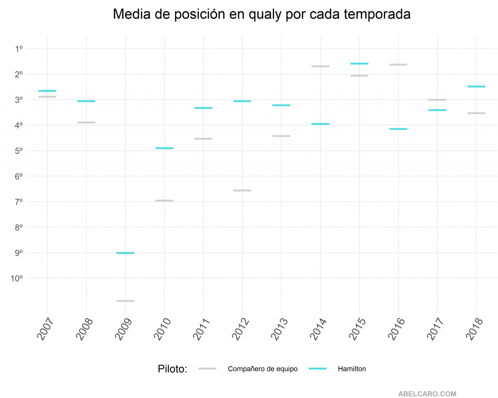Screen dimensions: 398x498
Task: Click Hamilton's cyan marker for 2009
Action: click(125, 253)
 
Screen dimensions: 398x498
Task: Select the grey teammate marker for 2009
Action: click(125, 301)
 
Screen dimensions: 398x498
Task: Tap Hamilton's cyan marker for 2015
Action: click(359, 64)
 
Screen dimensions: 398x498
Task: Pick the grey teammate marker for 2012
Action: click(242, 190)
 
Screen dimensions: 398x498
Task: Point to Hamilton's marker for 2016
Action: click(398, 129)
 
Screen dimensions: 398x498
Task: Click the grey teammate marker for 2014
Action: click(320, 66)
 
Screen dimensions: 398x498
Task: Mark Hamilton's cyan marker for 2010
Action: click(164, 148)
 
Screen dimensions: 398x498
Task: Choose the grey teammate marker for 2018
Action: click(476, 113)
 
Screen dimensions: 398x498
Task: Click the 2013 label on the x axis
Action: click(281, 329)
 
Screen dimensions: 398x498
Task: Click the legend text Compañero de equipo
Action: click(263, 369)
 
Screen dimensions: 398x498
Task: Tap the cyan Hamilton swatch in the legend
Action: click(318, 369)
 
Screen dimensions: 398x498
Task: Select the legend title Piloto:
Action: click(173, 369)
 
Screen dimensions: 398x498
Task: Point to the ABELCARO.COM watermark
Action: click(427, 394)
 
